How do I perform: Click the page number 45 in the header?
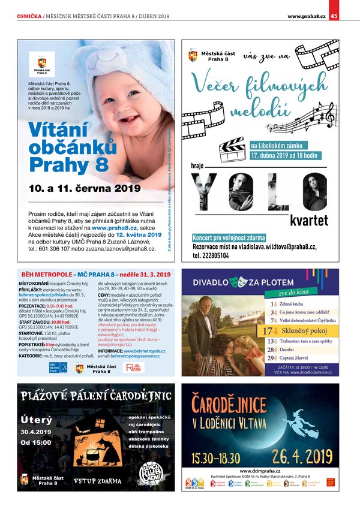(x=334, y=16)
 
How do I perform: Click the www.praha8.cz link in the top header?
(x=307, y=16)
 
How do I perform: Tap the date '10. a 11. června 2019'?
(x=83, y=188)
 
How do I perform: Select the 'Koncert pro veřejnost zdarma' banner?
(x=229, y=237)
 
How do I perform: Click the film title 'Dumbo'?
(x=287, y=349)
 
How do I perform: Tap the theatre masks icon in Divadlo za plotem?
(x=241, y=279)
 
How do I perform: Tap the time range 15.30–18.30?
(x=216, y=460)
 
